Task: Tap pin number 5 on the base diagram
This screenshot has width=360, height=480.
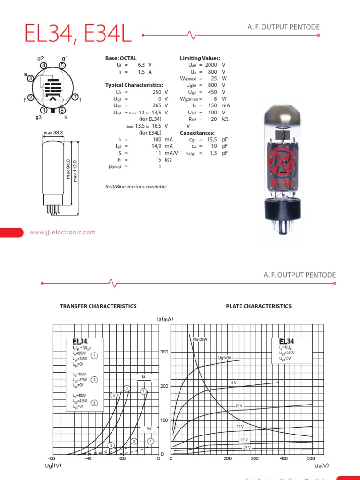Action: (x=62, y=66)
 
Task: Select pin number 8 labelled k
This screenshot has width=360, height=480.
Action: (x=62, y=110)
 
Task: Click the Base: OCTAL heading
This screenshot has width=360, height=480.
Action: (x=121, y=58)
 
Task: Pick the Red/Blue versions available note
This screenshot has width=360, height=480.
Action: (x=136, y=187)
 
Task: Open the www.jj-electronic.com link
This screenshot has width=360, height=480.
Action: (x=62, y=232)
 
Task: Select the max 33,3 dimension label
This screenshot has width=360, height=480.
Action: (x=53, y=134)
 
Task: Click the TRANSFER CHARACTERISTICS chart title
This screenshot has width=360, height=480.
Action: (x=98, y=306)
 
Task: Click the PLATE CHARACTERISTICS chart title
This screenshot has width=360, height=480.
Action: (x=259, y=306)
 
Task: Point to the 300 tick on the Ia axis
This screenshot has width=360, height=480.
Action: (x=165, y=352)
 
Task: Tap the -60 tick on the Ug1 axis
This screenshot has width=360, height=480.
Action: (x=52, y=459)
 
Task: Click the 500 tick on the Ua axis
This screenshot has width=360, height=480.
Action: (x=310, y=459)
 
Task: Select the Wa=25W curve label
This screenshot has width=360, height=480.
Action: (x=201, y=339)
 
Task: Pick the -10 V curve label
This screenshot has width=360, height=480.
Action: (x=239, y=405)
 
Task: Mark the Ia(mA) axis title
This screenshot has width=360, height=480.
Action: (x=165, y=319)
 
